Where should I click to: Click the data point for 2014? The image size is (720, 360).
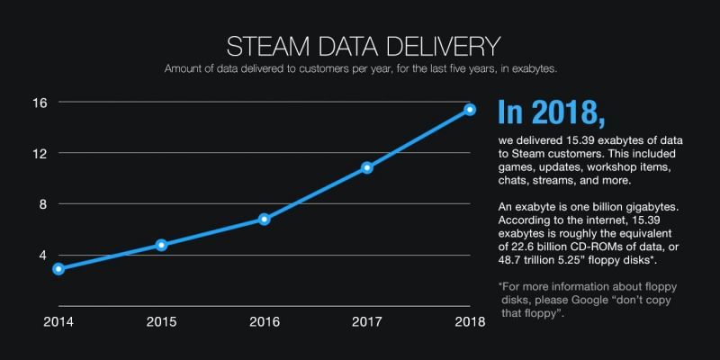58,268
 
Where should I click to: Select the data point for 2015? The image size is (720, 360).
161,245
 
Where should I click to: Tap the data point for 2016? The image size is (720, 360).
264,219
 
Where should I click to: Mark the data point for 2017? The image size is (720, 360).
366,167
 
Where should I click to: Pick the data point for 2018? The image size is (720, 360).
470,110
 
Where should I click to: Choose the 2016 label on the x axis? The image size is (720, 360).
264,321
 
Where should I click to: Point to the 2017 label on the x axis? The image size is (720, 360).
366,321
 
